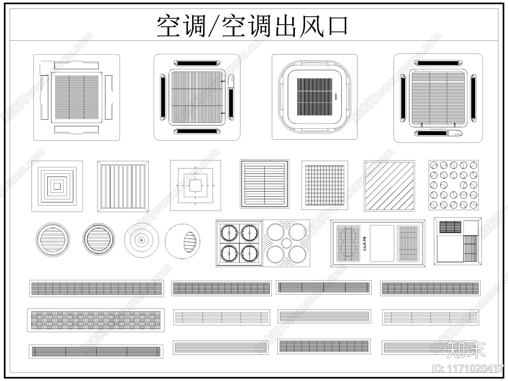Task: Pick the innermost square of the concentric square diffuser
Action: tap(57, 186)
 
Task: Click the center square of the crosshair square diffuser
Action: tap(195, 186)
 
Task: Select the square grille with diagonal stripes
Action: tap(389, 186)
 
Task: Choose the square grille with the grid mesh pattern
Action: tap(324, 185)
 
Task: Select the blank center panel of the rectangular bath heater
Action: tap(382, 244)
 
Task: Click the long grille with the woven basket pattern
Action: tap(96, 320)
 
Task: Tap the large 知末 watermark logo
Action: tap(466, 350)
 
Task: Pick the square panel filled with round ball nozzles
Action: tap(453, 185)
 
